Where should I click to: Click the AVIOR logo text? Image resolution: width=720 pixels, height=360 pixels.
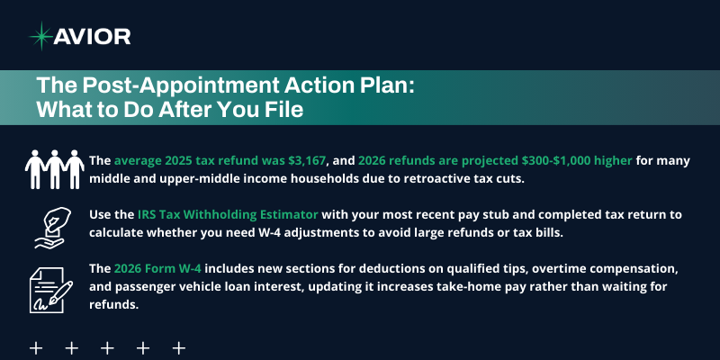click(x=93, y=36)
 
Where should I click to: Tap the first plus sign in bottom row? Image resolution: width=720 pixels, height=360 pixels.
click(x=37, y=347)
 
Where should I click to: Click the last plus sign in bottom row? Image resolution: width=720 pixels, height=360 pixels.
click(x=178, y=347)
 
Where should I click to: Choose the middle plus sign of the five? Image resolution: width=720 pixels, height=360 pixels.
click(x=107, y=347)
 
